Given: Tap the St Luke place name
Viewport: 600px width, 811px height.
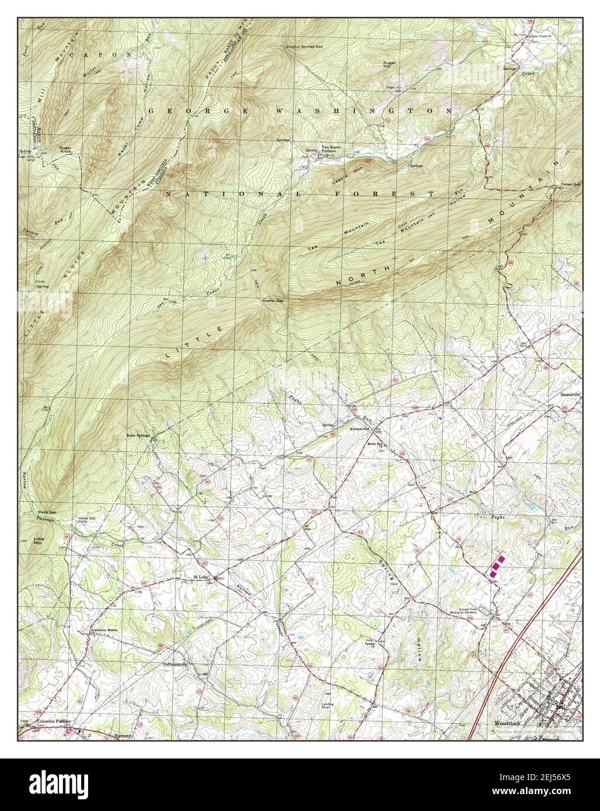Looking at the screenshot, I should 202,578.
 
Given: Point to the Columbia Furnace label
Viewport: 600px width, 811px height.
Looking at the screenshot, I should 54,721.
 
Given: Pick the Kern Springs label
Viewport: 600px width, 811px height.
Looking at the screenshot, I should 139,435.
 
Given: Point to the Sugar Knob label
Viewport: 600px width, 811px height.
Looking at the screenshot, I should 65,151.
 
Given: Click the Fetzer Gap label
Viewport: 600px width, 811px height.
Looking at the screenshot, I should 571,184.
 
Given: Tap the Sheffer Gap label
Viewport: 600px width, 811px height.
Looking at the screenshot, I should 273,300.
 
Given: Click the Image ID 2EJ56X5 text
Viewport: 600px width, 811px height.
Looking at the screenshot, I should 549,777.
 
